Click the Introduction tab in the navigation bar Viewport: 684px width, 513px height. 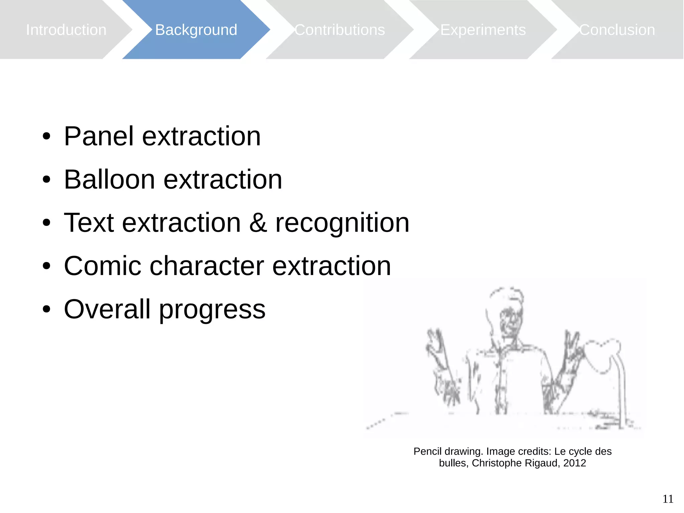coord(66,30)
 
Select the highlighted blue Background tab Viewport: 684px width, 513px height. coord(196,30)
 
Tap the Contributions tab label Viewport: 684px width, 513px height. coord(340,30)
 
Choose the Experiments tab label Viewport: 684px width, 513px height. coord(483,30)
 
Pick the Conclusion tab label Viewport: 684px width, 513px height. coord(617,30)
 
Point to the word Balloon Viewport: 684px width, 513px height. coord(109,180)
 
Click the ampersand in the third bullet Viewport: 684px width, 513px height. coord(258,223)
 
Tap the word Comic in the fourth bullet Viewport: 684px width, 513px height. coord(103,266)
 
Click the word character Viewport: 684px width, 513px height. coord(207,266)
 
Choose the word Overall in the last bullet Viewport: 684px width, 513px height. coord(107,309)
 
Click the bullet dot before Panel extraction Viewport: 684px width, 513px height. coord(46,137)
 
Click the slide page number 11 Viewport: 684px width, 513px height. coord(668,499)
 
